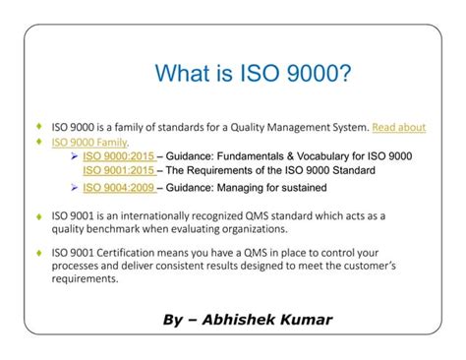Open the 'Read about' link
click(399, 127)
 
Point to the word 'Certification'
click(129, 251)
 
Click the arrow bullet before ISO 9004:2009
click(76, 186)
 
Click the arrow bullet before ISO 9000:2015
click(76, 155)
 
